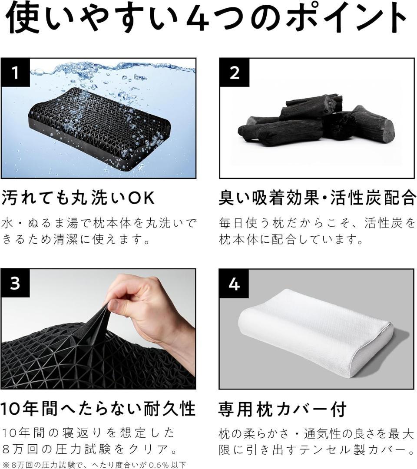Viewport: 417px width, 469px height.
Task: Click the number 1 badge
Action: point(15,72)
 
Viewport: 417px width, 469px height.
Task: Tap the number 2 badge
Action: point(234,72)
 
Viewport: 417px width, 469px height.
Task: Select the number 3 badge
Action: point(15,284)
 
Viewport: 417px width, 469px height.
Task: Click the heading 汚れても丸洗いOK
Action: point(78,198)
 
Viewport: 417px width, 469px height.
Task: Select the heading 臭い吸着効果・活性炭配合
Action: point(318,198)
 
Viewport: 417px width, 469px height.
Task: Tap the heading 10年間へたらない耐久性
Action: point(98,409)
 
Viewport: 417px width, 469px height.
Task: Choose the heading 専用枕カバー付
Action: point(282,409)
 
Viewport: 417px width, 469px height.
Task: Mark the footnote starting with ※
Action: point(94,465)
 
